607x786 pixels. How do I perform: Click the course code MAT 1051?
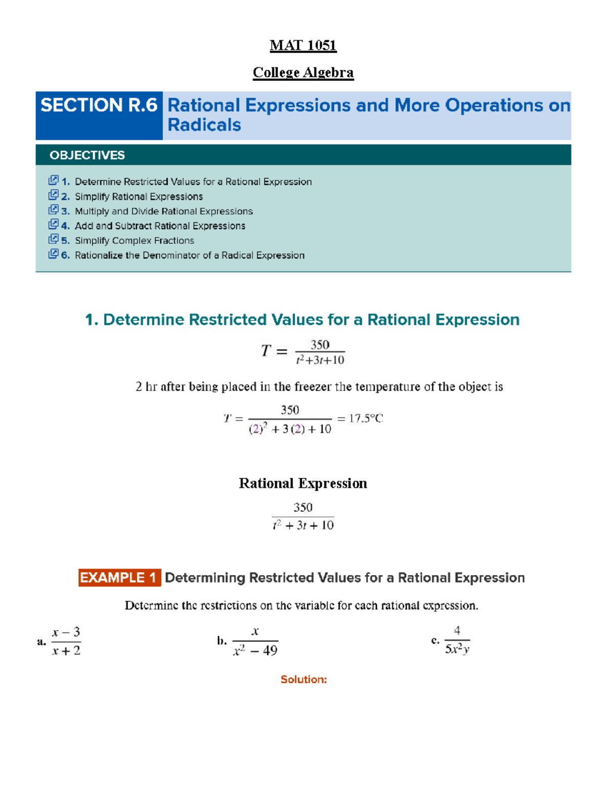(x=303, y=46)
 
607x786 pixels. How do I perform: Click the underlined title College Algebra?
(x=303, y=73)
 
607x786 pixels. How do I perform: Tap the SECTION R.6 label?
(x=99, y=105)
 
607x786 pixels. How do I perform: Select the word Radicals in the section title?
(x=204, y=125)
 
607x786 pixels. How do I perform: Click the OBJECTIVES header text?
(x=87, y=155)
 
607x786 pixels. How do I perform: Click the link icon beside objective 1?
(x=53, y=180)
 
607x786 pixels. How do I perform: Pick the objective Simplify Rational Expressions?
(x=139, y=196)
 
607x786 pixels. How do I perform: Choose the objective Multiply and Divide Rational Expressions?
(x=163, y=211)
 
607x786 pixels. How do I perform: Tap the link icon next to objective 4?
(x=53, y=224)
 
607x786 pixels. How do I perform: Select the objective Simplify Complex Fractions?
(x=134, y=240)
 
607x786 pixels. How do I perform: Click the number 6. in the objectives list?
(x=65, y=255)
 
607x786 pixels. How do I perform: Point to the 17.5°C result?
(x=366, y=419)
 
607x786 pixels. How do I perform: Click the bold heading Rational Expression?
(x=303, y=483)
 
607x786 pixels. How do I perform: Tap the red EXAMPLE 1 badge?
(x=119, y=577)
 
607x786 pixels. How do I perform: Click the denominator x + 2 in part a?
(x=66, y=651)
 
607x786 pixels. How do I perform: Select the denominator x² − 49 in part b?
(x=255, y=651)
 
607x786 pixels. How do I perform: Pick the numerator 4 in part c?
(x=457, y=631)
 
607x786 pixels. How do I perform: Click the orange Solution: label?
(x=303, y=679)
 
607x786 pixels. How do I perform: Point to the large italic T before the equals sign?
(x=266, y=351)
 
